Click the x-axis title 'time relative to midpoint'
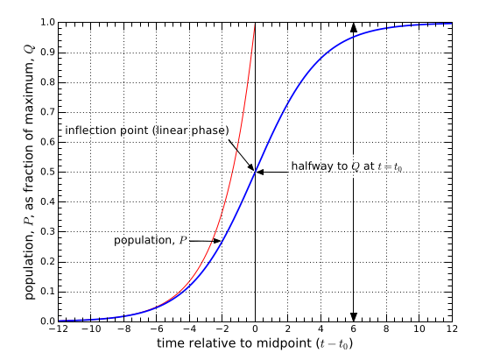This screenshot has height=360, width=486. click(253, 345)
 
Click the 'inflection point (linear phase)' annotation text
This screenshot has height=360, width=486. click(147, 130)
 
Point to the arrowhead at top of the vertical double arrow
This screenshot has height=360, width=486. click(354, 28)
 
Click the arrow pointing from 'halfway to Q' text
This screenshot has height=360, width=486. click(271, 172)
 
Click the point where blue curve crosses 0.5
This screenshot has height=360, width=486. click(256, 172)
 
